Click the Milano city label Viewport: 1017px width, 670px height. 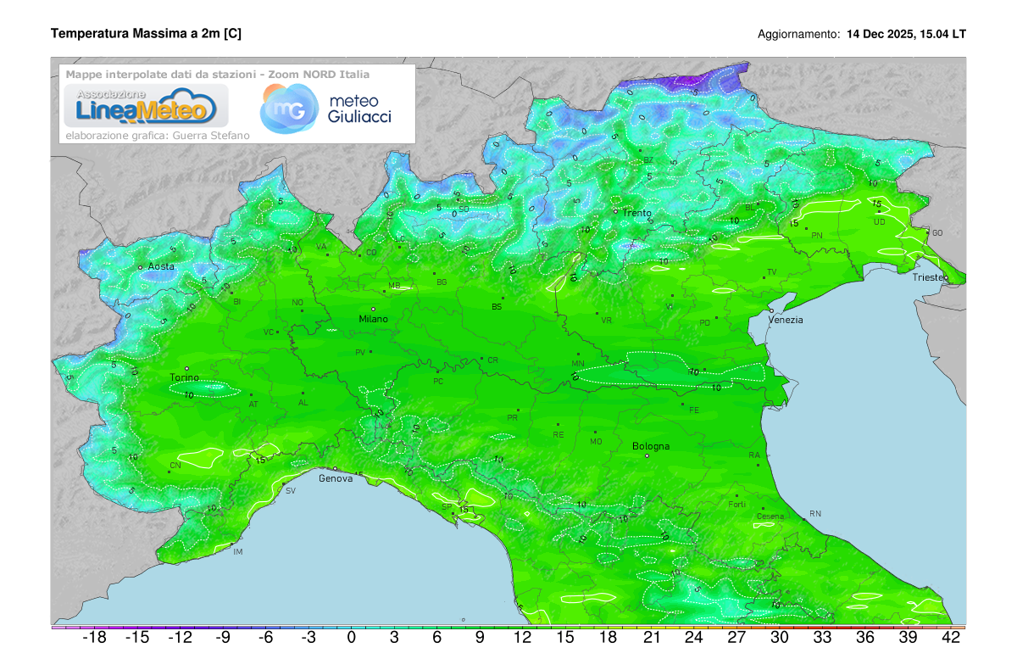(x=373, y=319)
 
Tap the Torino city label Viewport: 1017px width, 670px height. (x=184, y=377)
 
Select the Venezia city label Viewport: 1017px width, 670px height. (x=786, y=320)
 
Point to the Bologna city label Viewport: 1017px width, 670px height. (x=651, y=446)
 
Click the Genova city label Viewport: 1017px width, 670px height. (x=335, y=478)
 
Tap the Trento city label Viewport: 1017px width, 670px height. (x=636, y=213)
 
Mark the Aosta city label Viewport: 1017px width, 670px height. (x=161, y=266)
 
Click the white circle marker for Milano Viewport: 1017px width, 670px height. (x=373, y=309)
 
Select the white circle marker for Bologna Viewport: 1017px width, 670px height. (x=647, y=456)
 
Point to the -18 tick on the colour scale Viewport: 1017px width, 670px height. (x=93, y=638)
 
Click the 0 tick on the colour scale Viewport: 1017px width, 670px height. (x=351, y=638)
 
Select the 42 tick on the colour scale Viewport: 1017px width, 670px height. (x=951, y=638)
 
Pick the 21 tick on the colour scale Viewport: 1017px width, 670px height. (x=651, y=638)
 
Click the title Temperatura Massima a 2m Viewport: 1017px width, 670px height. (x=146, y=34)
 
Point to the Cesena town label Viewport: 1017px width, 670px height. (x=770, y=516)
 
